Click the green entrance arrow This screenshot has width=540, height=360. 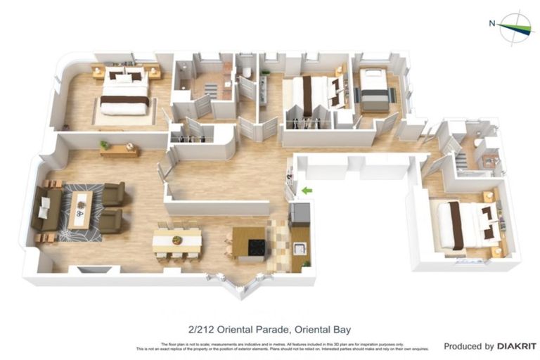[306, 190]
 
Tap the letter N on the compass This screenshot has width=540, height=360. [492, 23]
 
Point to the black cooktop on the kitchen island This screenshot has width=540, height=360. [255, 247]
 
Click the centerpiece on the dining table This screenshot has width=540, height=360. [177, 240]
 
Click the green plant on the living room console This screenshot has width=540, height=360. [105, 145]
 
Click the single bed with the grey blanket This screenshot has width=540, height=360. [373, 90]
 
